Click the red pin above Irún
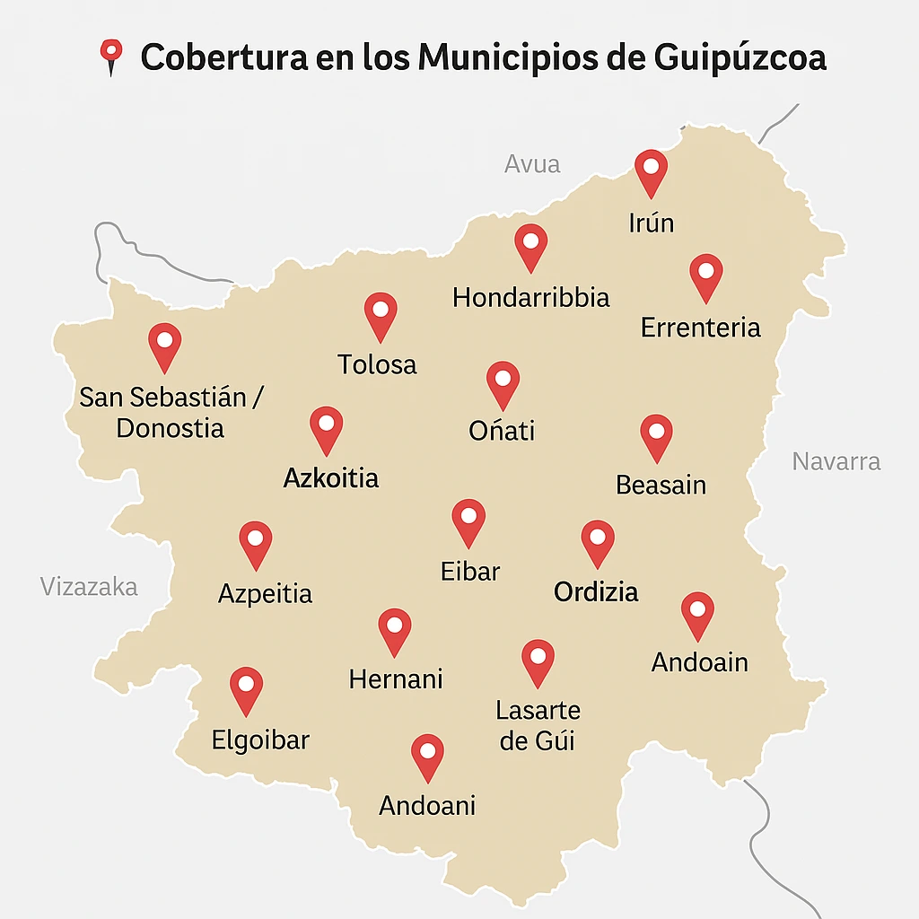(x=651, y=170)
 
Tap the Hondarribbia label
(x=530, y=297)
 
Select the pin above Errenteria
(x=706, y=274)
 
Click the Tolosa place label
(x=377, y=364)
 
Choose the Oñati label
(x=502, y=431)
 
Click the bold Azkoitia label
(x=331, y=477)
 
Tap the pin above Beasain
(x=656, y=434)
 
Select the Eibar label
(x=470, y=571)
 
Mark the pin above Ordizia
(x=598, y=540)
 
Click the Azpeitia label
(x=266, y=593)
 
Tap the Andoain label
(x=700, y=662)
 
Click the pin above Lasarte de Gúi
(x=538, y=660)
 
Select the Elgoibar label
(x=260, y=740)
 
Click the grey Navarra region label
(x=836, y=461)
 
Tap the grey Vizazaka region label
(x=89, y=587)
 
